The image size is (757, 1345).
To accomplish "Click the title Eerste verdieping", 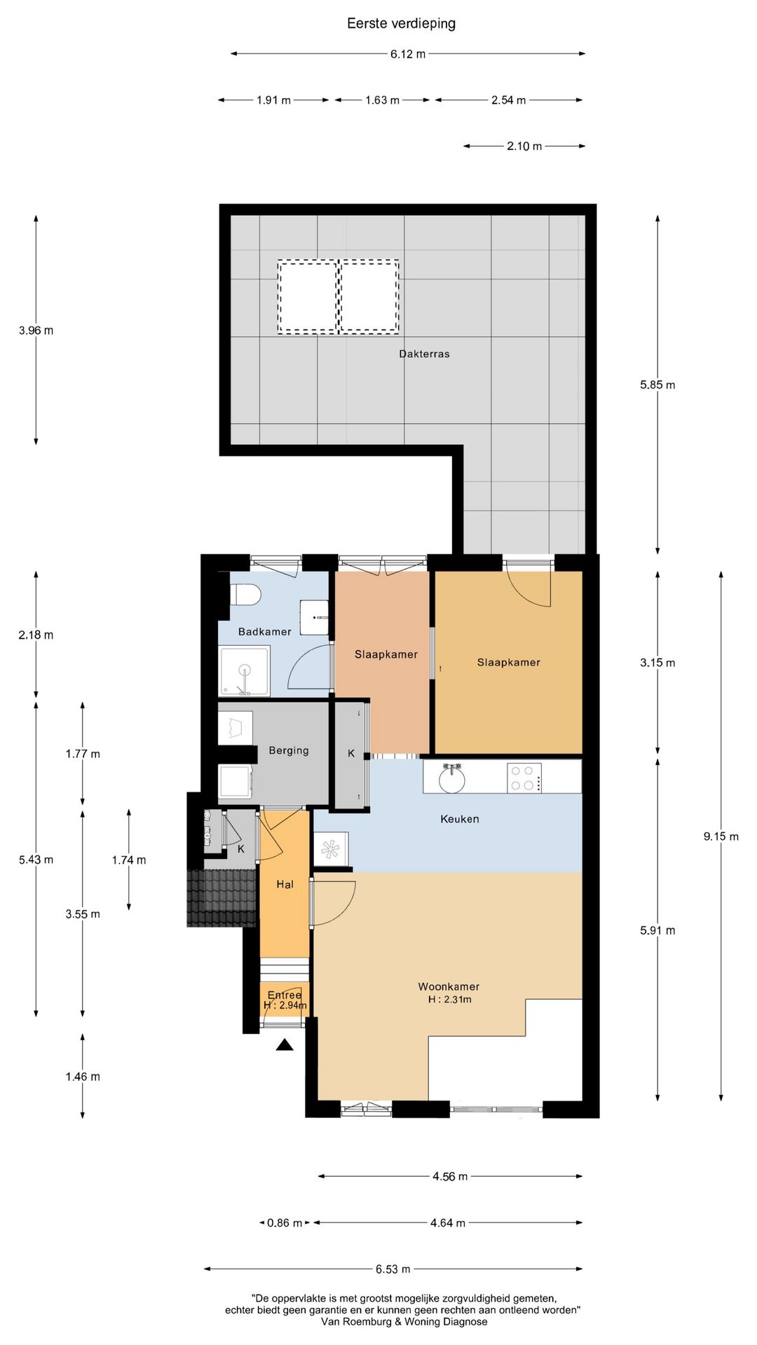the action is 401,24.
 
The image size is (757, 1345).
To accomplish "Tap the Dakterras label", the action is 424,354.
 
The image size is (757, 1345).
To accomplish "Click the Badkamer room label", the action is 264,632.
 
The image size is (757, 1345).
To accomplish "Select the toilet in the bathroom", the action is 245,595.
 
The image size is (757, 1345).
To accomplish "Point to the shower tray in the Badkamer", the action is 244,671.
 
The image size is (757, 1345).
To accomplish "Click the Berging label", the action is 289,751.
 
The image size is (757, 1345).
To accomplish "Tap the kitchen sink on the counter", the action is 451,778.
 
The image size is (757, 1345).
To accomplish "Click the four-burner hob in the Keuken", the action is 524,778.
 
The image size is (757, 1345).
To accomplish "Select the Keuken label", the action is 460,819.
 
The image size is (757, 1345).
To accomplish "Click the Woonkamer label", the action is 449,986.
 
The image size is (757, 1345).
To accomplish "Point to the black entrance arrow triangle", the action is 284,1044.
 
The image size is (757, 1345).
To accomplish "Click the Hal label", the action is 285,885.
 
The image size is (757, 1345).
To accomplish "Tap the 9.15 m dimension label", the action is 721,836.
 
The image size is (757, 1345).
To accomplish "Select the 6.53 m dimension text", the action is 393,1269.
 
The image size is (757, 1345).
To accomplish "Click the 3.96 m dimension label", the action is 36,331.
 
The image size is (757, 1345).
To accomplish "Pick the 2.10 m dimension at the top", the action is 524,146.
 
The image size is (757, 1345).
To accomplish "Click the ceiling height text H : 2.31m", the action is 449,1000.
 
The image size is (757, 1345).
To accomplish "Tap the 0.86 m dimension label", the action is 285,1223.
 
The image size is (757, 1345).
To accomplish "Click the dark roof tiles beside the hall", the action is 221,898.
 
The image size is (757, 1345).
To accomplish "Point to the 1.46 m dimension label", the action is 83,1077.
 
